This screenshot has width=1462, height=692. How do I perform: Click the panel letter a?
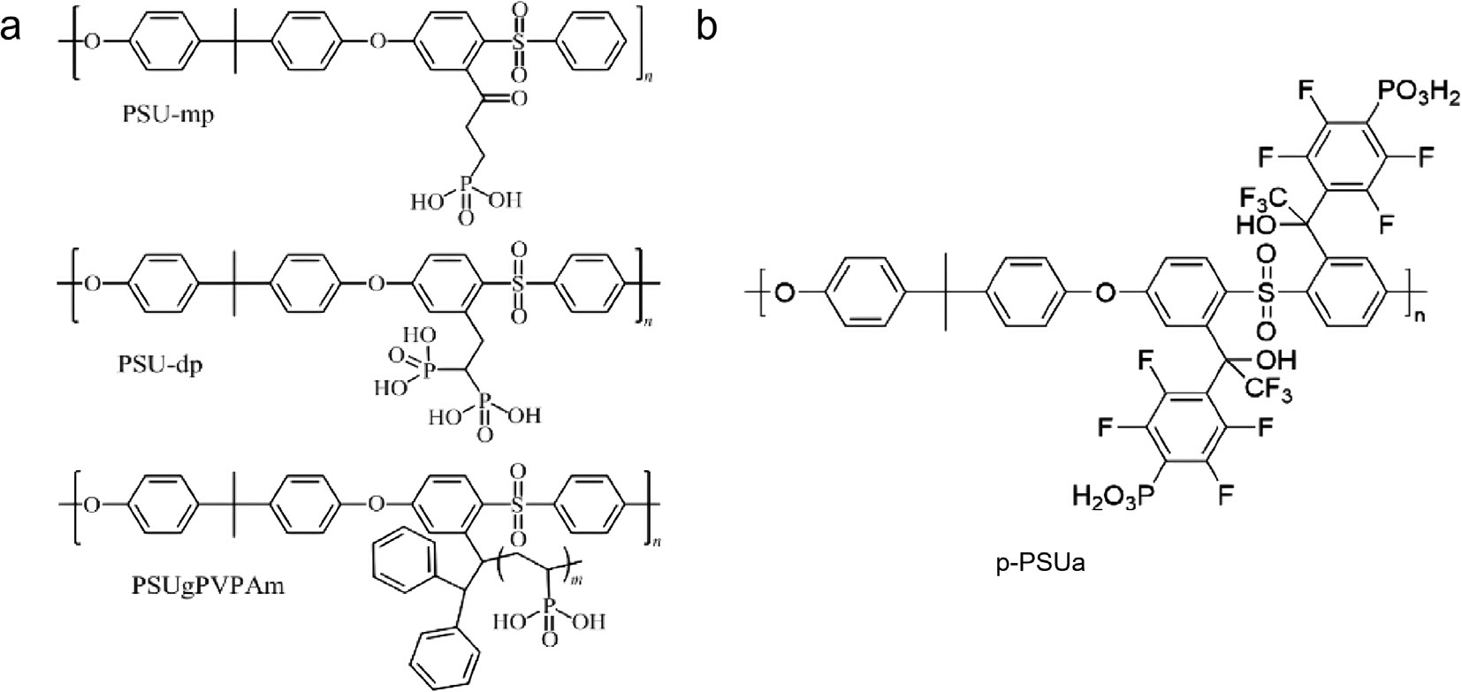[x=12, y=29]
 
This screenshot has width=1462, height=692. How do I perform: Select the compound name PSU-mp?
[x=167, y=115]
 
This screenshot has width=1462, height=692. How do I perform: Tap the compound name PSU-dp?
[x=160, y=363]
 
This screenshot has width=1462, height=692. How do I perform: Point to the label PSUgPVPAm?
[x=208, y=585]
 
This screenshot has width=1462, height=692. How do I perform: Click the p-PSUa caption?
[x=1040, y=562]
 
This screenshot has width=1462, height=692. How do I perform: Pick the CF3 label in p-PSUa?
[x=1269, y=391]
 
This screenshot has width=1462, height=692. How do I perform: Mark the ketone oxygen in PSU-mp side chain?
[x=519, y=99]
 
